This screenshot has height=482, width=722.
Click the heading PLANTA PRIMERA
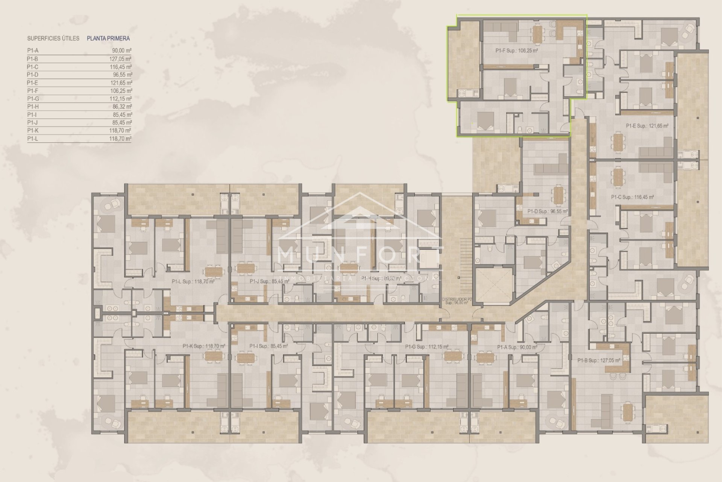click(x=108, y=38)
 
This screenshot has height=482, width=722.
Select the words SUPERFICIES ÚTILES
click(x=53, y=38)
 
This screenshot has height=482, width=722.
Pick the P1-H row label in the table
click(x=33, y=107)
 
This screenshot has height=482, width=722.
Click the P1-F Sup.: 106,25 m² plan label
click(x=516, y=50)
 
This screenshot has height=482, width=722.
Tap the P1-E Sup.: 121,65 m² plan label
click(x=647, y=126)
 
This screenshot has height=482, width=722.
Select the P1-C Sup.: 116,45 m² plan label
click(x=633, y=197)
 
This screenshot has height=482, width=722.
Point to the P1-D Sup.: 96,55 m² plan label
click(x=548, y=212)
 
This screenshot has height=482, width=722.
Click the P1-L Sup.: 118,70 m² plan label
click(x=193, y=281)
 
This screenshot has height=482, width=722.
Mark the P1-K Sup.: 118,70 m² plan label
click(x=204, y=346)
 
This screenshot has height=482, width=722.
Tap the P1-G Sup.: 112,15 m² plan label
click(x=427, y=347)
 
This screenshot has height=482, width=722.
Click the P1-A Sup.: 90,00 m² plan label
click(x=517, y=347)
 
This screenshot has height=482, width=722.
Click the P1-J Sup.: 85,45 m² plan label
click(x=269, y=281)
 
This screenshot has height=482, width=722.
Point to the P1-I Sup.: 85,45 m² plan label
click(x=268, y=346)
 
